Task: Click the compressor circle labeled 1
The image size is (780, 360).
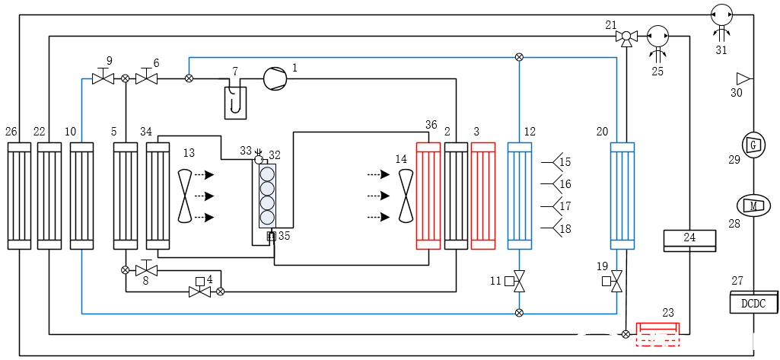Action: (x=275, y=78)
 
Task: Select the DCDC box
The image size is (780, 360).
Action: (x=753, y=303)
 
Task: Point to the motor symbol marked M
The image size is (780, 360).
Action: (x=753, y=204)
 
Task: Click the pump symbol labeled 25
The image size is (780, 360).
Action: (x=657, y=36)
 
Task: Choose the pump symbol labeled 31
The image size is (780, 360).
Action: (x=720, y=14)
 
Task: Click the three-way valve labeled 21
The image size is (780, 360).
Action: (x=626, y=37)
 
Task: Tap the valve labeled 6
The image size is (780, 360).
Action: (x=147, y=78)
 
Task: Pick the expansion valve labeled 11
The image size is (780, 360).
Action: (x=519, y=282)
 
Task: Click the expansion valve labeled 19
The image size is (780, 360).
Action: (x=616, y=282)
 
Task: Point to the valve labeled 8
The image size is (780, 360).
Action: (x=146, y=269)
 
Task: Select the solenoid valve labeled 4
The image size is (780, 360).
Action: (x=200, y=291)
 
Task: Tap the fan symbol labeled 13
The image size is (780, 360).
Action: (x=185, y=196)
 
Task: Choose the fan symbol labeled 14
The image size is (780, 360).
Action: (x=406, y=196)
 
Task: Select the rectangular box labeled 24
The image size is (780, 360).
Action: (x=689, y=240)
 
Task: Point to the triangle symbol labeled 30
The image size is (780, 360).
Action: (x=741, y=78)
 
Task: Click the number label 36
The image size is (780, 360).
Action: (x=431, y=125)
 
